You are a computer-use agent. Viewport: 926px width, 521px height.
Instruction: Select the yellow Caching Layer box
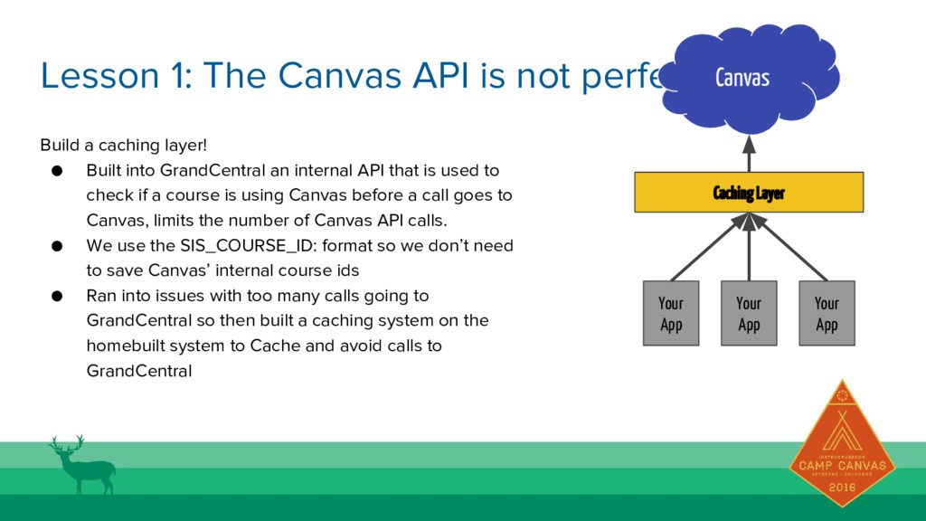(749, 193)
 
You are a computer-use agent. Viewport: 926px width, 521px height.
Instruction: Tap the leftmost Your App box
(671, 314)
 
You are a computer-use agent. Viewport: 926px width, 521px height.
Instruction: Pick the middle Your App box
(749, 314)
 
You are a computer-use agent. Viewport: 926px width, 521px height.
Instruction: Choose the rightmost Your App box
(827, 314)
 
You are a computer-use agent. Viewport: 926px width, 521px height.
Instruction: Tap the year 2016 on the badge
(842, 487)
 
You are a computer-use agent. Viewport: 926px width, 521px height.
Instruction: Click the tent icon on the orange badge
(842, 435)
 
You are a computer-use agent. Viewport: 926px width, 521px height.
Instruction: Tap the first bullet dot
(56, 170)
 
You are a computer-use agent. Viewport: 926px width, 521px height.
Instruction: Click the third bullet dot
(56, 296)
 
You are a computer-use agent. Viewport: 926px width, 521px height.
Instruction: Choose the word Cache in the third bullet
(270, 346)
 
